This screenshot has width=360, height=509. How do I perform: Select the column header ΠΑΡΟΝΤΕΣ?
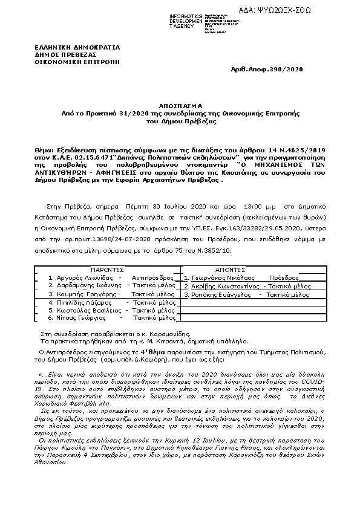[108, 269]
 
